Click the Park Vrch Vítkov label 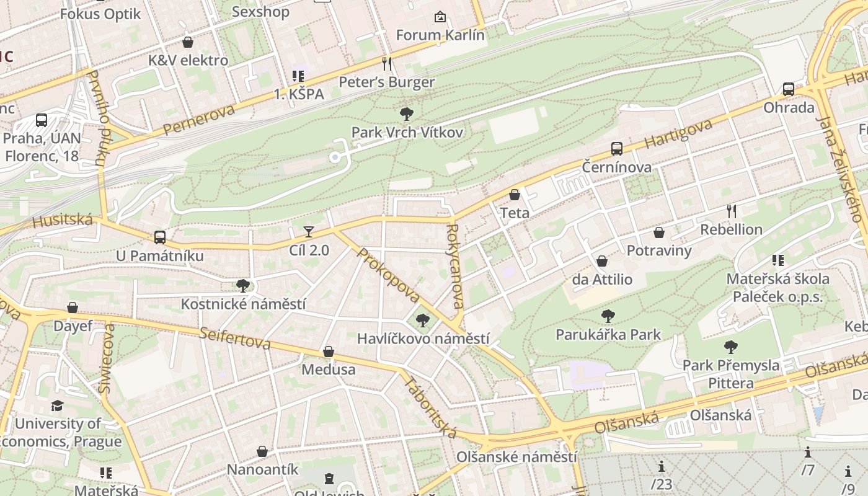point(407,132)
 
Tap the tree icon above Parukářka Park point(608,316)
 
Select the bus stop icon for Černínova point(616,149)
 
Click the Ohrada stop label point(789,107)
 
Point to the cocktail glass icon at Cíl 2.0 point(309,232)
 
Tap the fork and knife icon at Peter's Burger point(387,63)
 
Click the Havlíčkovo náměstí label point(423,339)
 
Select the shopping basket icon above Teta point(515,195)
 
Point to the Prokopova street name point(388,275)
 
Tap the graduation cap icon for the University point(58,405)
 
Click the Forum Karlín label point(440,35)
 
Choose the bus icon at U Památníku point(160,237)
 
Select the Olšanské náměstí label point(516,457)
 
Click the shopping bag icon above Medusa point(329,352)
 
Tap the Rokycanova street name point(454,267)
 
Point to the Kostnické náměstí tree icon point(243,286)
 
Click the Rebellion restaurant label point(731,229)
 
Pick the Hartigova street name point(678,134)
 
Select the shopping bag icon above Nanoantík point(262,451)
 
